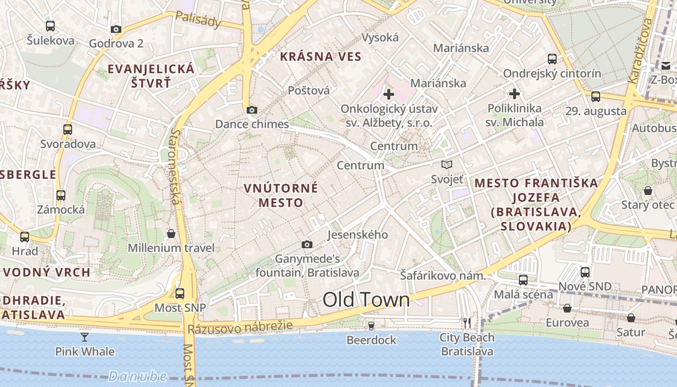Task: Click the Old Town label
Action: pos(366,300)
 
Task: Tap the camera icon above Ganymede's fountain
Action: pos(307,244)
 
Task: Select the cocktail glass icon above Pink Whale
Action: pos(85,337)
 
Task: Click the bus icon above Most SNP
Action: pos(180,293)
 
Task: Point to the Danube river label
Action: pos(137,376)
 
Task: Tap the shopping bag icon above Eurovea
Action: pos(567,308)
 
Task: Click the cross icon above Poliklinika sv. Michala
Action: pos(514,93)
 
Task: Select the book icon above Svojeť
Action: pos(447,165)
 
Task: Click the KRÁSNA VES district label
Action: pos(321,57)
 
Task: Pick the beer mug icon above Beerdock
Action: pos(371,326)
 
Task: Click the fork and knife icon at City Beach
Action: pos(467,323)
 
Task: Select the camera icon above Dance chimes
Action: pos(251,110)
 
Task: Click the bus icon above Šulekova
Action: pos(50,26)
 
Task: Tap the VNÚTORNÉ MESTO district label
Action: pos(281,195)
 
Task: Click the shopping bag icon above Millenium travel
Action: pos(171,234)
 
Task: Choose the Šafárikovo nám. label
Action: pos(442,276)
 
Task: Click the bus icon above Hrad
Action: pos(25,237)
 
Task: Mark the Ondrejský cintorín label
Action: pos(552,74)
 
